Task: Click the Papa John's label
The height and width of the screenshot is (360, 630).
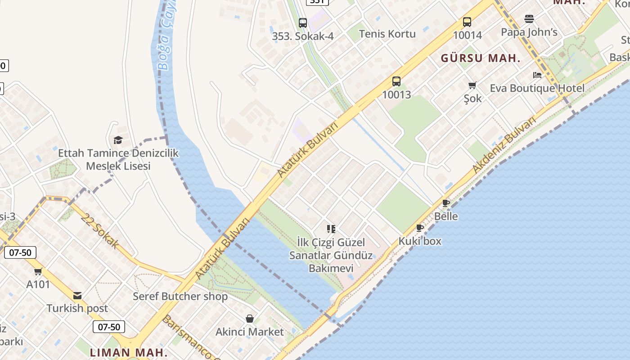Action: coord(529,32)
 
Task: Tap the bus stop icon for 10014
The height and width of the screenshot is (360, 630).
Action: coord(467,22)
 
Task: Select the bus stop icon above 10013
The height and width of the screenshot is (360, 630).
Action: coord(396,81)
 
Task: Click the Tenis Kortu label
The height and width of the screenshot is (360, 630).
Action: coord(387,34)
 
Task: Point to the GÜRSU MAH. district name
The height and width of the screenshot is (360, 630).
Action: coord(480,58)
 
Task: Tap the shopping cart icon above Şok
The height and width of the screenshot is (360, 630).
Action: coord(472,85)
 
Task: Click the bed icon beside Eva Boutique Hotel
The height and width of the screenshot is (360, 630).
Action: coord(537,75)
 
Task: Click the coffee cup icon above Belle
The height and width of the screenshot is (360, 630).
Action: coord(446,203)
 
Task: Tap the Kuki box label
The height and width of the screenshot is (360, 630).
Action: coord(420,241)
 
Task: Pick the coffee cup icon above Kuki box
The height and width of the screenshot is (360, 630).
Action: coord(420,228)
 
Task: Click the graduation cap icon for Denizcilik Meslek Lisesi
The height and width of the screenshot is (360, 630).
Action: coord(118,140)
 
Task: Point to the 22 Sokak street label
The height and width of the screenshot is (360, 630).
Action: coord(100,231)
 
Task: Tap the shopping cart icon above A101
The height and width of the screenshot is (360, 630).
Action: coord(38,271)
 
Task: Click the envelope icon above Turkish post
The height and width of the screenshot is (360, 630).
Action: coord(77,296)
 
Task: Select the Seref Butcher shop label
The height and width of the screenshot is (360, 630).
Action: coord(180,297)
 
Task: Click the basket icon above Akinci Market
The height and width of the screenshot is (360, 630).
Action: coord(250,319)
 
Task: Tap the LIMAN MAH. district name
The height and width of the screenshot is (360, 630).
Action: coord(129,352)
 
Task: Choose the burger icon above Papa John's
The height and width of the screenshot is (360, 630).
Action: coord(529,19)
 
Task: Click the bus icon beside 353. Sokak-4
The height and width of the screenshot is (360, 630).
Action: coord(303,23)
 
